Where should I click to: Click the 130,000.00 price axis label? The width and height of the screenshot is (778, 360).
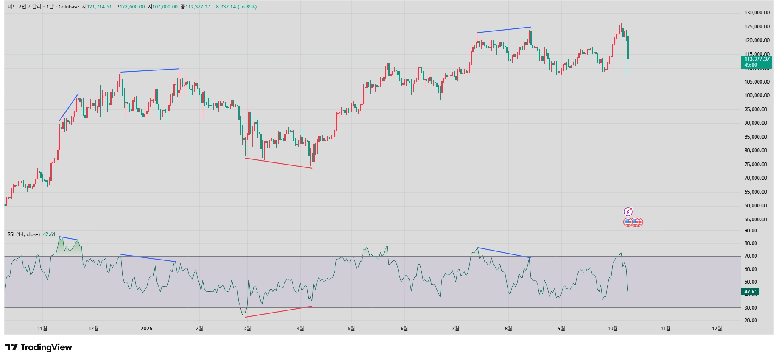757,13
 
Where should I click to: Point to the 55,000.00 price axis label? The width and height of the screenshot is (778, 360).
757,220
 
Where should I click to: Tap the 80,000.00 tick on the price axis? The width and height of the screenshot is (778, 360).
757,151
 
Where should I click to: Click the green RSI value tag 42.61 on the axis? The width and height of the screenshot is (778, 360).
750,292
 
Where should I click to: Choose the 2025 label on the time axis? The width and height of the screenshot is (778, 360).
146,329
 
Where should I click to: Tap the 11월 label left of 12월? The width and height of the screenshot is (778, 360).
42,329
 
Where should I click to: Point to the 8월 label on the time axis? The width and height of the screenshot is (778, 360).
508,329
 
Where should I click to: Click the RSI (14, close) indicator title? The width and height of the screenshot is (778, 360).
24,234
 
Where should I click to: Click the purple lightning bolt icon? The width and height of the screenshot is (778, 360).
628,212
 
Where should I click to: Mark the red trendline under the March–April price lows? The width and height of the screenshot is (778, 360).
279,163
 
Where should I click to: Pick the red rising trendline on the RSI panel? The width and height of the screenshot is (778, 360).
279,312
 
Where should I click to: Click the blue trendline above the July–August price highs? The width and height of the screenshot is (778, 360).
504,30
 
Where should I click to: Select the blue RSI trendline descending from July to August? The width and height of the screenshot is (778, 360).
504,253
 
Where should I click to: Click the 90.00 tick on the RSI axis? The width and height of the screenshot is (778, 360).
751,231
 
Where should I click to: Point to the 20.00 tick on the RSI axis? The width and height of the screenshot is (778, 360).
751,321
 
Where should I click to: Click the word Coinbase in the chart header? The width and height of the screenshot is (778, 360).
69,7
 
